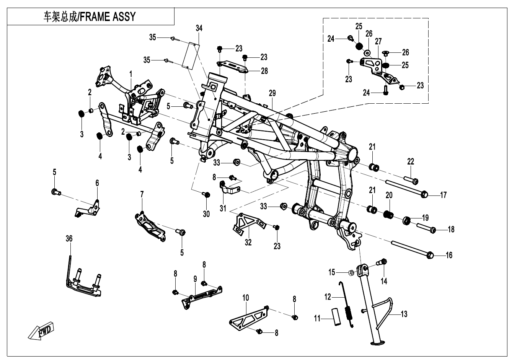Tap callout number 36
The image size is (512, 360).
(69, 239)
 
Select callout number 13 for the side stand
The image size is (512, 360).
(404, 314)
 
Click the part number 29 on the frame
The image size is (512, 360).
(272, 93)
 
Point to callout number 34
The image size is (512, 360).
(199, 28)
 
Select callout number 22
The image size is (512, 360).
(411, 162)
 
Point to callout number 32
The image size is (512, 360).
(248, 243)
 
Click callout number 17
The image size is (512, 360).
(443, 195)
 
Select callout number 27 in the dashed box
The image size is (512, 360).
(378, 41)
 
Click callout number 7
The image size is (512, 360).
(142, 194)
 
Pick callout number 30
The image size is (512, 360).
(206, 214)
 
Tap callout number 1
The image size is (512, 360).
(130, 73)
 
